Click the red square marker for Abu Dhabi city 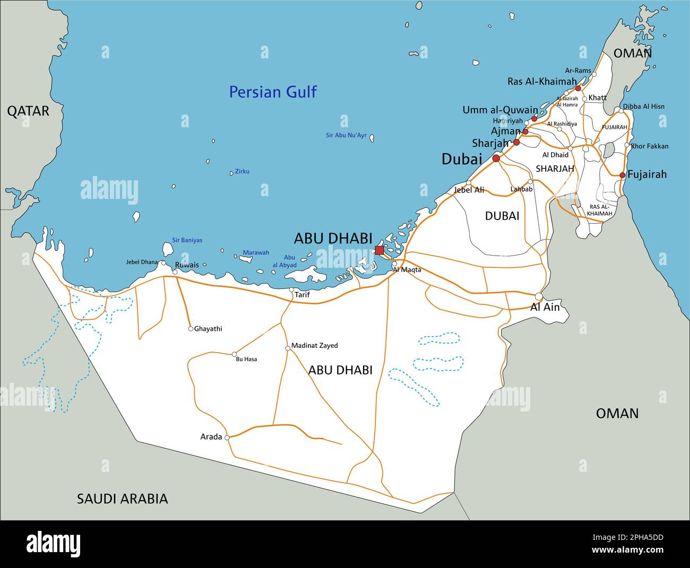tap(379, 250)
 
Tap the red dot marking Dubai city tap(496, 159)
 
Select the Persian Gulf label tap(273, 92)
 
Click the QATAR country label tap(28, 111)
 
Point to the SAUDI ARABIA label tap(123, 499)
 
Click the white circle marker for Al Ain tap(539, 296)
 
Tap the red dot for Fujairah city tap(623, 175)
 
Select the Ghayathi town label tap(208, 329)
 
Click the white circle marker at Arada tap(227, 438)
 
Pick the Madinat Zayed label tap(315, 346)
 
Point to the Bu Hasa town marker tap(234, 354)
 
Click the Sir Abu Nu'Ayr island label tap(346, 135)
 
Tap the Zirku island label tap(242, 171)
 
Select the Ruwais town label tap(187, 265)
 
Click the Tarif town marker tap(291, 290)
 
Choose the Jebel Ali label tap(469, 189)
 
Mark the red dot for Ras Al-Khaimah tap(578, 88)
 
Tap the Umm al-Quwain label tap(500, 110)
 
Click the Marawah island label tap(256, 252)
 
